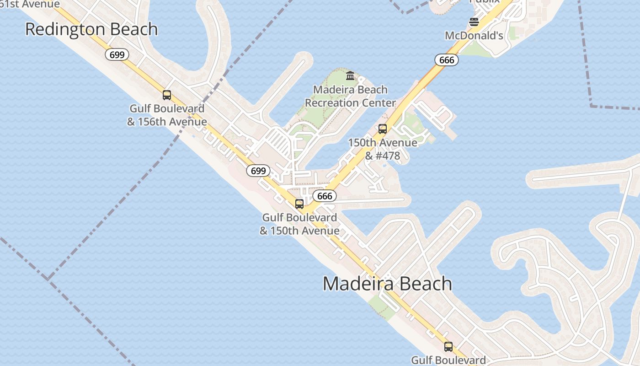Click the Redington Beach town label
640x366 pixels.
click(x=91, y=29)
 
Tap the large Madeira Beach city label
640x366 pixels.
click(x=388, y=284)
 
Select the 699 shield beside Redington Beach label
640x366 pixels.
click(x=117, y=55)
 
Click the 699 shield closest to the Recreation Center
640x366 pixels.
click(x=258, y=171)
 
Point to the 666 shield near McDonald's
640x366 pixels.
click(x=446, y=60)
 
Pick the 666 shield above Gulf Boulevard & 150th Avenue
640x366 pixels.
click(x=325, y=196)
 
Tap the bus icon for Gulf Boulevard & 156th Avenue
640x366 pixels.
click(x=167, y=95)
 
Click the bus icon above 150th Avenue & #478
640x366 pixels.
click(x=383, y=129)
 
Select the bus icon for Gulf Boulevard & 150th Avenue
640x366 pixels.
click(x=299, y=204)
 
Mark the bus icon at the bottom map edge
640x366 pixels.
click(x=448, y=347)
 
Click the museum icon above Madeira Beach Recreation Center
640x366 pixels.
click(x=350, y=75)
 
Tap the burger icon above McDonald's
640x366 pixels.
click(x=474, y=22)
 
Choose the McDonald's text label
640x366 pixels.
click(x=474, y=36)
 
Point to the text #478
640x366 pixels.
click(x=389, y=156)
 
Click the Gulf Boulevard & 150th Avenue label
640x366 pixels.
click(x=299, y=224)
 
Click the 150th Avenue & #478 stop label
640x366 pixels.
click(x=383, y=149)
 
